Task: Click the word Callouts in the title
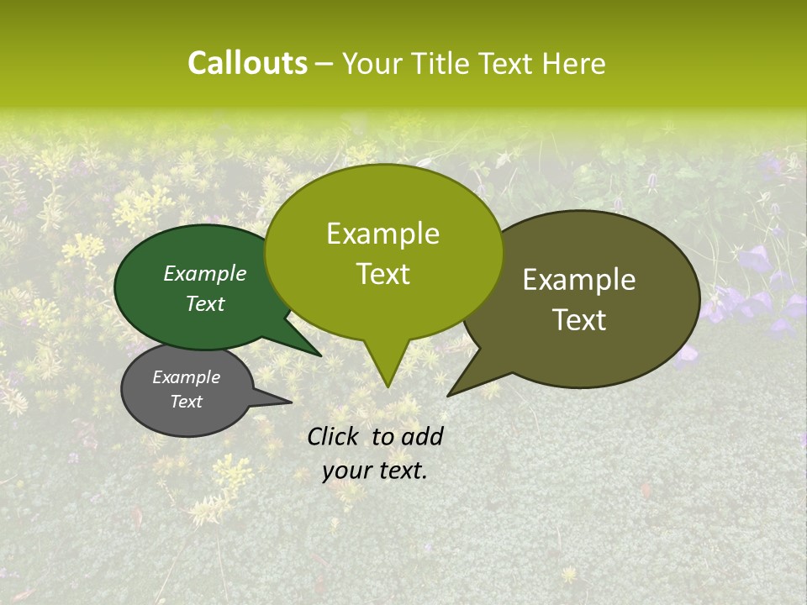247,63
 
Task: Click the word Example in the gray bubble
187,377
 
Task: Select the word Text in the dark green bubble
205,303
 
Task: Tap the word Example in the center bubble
382,234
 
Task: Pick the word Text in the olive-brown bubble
580,320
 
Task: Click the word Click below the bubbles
334,436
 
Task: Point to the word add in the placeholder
422,436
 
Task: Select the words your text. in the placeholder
375,471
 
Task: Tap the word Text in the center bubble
382,274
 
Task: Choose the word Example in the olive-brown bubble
579,280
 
